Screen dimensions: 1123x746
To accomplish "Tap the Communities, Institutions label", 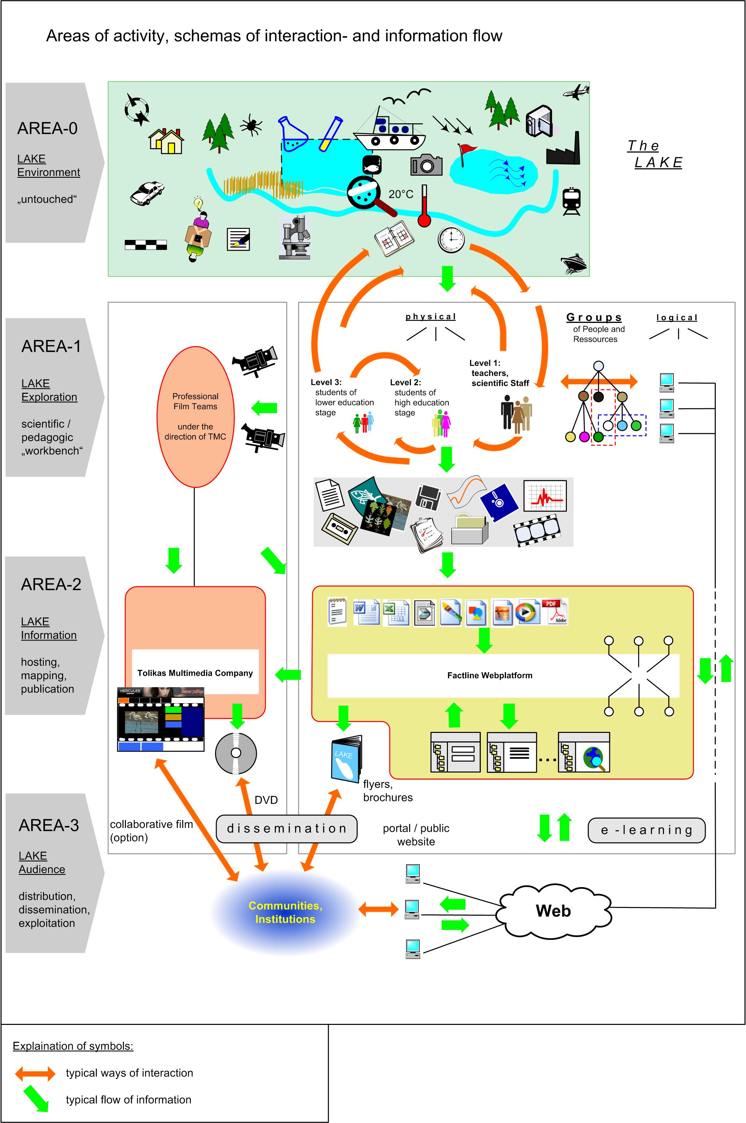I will [285, 912].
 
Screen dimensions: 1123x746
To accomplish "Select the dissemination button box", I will [286, 829].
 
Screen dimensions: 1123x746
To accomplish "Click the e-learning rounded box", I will [647, 830].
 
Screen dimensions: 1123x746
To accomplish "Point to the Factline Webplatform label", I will [490, 675].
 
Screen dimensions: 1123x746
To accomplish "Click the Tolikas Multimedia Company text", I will [195, 673].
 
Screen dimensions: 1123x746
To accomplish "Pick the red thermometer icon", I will [424, 207].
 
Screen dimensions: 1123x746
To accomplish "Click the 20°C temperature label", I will [401, 194].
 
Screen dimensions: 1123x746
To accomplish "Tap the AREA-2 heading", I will [51, 584].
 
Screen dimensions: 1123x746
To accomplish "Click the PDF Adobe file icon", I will [555, 611].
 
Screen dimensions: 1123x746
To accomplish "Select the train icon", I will [571, 201].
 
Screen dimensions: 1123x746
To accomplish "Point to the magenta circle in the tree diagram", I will [584, 436].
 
